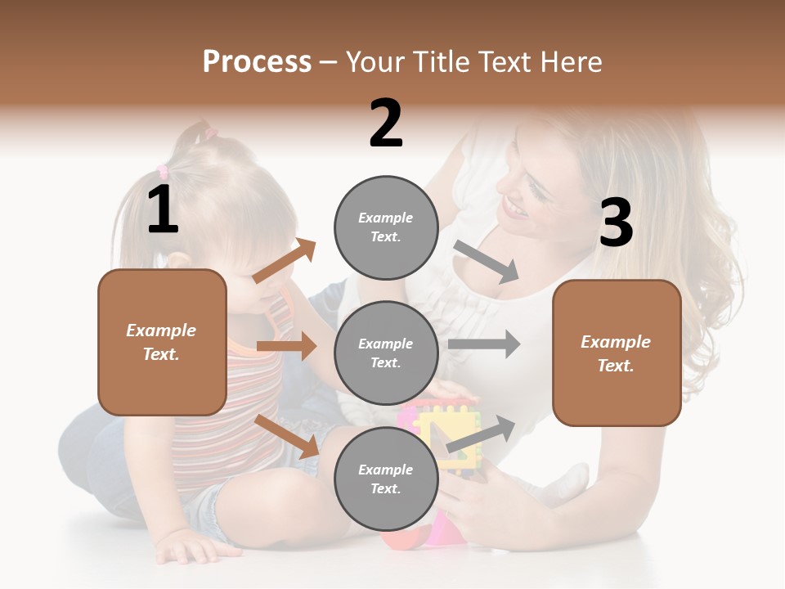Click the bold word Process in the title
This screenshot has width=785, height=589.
click(x=257, y=62)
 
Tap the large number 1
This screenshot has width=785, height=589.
click(x=163, y=210)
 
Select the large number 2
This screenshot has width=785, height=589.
click(x=386, y=124)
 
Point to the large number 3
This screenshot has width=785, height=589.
click(x=616, y=223)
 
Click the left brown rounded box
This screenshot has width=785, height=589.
click(x=162, y=342)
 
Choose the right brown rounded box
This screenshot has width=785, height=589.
click(x=617, y=353)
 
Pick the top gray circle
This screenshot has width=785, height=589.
click(x=386, y=227)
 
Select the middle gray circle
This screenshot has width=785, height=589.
click(x=386, y=353)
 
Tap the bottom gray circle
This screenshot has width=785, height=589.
click(x=386, y=479)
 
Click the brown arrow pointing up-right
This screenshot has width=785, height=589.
click(x=285, y=261)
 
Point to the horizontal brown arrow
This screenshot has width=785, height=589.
click(x=286, y=346)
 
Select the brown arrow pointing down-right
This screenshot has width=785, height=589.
click(x=287, y=436)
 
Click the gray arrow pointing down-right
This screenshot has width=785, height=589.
click(x=487, y=262)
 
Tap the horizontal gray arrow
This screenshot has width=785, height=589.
click(x=484, y=344)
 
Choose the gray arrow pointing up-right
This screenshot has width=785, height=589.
click(x=482, y=434)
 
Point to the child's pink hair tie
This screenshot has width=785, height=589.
click(x=162, y=172)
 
